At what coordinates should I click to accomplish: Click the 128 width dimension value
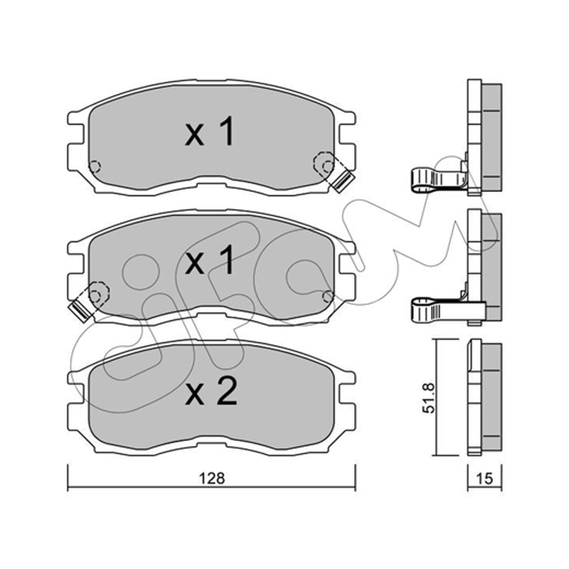coord(212,478)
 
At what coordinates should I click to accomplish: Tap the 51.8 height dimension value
coord(429,398)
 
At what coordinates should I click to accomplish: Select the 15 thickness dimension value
coord(484,478)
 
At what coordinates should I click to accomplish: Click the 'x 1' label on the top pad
coord(210,132)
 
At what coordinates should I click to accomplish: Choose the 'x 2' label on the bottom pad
coord(211,390)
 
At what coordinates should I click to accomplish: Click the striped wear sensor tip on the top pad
coord(344,181)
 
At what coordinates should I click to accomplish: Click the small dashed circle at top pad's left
coord(95,166)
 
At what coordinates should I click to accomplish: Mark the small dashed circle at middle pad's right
coord(329,297)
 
